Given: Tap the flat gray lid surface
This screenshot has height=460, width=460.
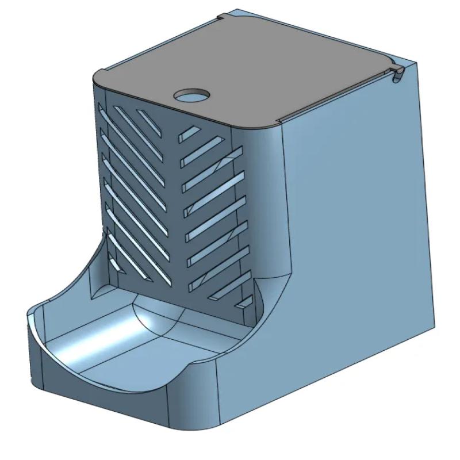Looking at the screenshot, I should [259, 69].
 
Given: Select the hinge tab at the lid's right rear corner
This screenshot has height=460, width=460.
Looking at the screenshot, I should [397, 74].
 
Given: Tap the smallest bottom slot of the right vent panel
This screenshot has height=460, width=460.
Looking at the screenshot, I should [245, 302].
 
